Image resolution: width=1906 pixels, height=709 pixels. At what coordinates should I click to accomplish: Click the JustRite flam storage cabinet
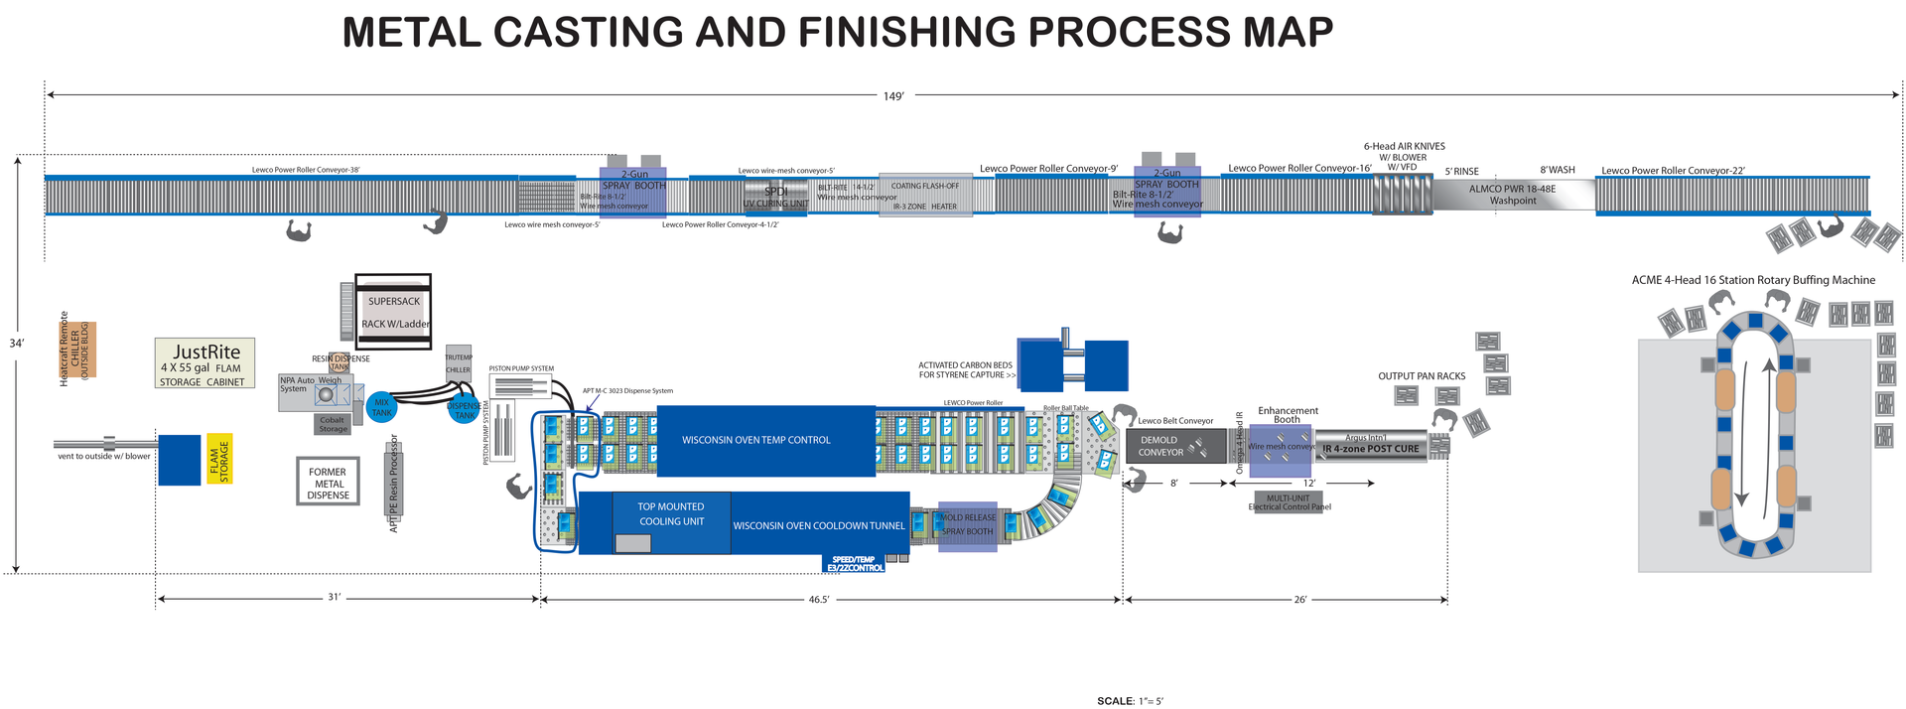coord(205,363)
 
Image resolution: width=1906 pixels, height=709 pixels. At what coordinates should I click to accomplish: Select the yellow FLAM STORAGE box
coord(219,460)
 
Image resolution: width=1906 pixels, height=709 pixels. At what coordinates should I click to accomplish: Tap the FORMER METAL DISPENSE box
coord(328,483)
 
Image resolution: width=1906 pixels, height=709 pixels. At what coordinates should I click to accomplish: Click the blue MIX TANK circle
coord(381,407)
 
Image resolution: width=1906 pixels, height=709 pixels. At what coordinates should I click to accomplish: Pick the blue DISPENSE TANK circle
coord(465,409)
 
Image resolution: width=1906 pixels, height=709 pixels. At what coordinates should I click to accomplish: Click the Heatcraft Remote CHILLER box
coord(76,350)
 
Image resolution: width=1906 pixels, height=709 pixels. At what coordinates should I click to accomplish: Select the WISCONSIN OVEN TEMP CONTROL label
coord(755,440)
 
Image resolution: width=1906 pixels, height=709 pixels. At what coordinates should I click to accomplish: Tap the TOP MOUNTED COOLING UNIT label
coord(671,514)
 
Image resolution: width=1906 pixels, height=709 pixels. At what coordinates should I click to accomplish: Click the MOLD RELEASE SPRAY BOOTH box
coord(967,525)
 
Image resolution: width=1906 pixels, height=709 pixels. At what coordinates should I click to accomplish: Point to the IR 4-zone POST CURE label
coord(1370,449)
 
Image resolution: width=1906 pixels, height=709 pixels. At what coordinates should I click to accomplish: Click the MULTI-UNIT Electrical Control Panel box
coord(1289,502)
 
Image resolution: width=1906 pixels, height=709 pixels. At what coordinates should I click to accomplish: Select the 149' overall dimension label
coord(893,96)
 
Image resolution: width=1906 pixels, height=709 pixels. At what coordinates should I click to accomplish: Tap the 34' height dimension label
coord(17,344)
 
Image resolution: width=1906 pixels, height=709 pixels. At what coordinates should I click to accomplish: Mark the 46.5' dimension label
coord(818,600)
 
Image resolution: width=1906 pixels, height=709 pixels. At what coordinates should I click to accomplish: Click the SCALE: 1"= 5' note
coord(1130,701)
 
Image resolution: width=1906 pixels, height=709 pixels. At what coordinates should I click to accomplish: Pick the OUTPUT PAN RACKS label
coord(1422,376)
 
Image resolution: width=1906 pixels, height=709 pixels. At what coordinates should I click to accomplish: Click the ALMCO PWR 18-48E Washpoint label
coord(1513,195)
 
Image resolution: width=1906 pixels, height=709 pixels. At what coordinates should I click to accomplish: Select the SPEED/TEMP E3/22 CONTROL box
coord(854,564)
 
